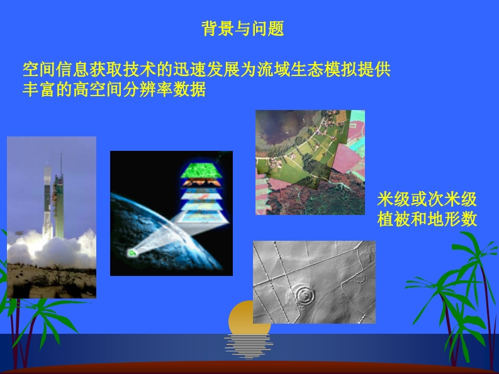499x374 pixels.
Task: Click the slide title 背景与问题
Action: click(243, 29)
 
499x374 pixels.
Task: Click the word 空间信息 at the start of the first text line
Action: click(56, 70)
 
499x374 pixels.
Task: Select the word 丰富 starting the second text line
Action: click(39, 89)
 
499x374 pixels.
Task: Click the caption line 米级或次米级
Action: click(427, 199)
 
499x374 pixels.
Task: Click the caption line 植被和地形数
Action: click(427, 219)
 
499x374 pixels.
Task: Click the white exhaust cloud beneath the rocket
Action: click(52, 249)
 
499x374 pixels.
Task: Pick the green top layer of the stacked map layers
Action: click(201, 170)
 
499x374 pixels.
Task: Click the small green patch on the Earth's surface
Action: click(132, 253)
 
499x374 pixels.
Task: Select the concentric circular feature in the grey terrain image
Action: click(305, 295)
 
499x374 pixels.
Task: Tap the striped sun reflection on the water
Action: click(248, 346)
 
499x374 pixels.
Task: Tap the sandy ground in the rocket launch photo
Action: click(52, 282)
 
